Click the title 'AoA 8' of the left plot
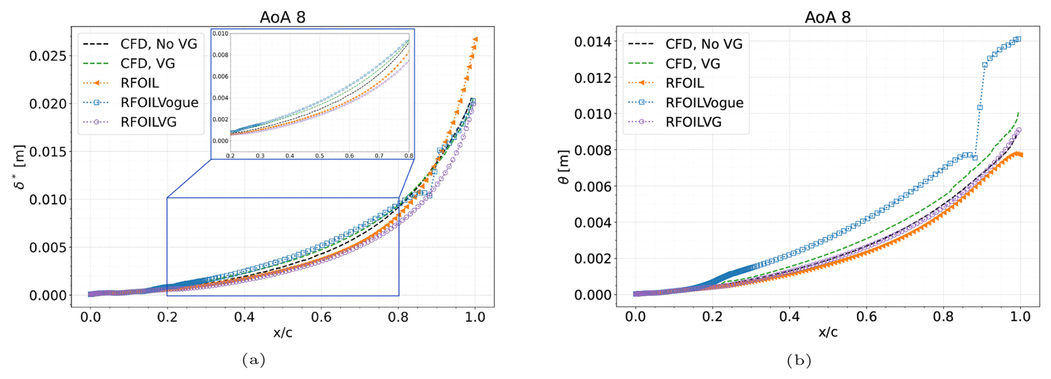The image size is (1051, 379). pos(282,17)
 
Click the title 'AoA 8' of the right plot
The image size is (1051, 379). pos(827,17)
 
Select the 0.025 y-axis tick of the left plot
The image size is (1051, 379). pos(48,56)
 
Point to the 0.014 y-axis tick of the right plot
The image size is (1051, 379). pos(593,42)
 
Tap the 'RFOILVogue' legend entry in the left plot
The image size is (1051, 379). pos(159,102)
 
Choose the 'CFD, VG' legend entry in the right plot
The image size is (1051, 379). pos(692,64)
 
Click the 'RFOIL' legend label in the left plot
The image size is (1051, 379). pos(139,83)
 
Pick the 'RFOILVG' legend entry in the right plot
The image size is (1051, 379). pos(693,122)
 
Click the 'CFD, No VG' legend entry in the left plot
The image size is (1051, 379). pos(158,44)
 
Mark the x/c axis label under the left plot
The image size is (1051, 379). pos(282,332)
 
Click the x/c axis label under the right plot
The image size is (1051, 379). pos(827,332)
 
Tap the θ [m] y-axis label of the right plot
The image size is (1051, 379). pos(563,167)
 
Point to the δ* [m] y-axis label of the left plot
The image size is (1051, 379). pos(19,167)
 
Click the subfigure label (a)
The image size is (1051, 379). pos(253,360)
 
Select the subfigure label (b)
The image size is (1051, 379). pos(799,360)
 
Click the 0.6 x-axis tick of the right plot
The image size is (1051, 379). pos(866,317)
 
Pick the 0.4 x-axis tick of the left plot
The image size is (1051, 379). pos(244,317)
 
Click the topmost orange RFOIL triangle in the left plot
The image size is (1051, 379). pos(476,39)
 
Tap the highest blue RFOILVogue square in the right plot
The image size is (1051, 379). pos(1018,39)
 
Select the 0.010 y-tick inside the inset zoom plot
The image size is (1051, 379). pos(221,34)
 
